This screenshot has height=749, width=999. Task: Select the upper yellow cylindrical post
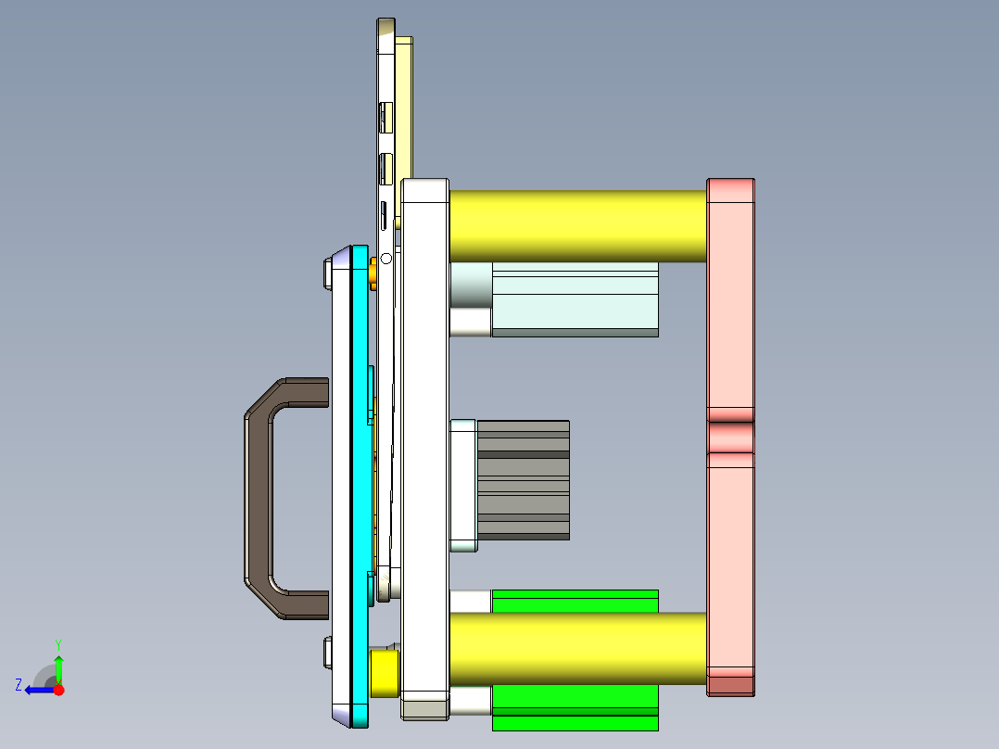(x=575, y=225)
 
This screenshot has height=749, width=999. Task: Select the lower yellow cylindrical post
(x=575, y=648)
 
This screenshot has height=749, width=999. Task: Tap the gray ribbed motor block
(x=523, y=480)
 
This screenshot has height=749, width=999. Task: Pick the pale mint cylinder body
(x=575, y=298)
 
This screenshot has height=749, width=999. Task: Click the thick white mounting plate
(x=425, y=445)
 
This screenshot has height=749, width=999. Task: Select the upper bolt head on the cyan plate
(x=327, y=274)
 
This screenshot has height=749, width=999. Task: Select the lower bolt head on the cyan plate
(x=327, y=653)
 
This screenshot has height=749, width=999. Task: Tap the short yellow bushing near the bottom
(x=384, y=673)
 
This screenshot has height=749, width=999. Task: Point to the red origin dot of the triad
(x=58, y=690)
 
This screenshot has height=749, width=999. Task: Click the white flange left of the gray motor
(x=462, y=485)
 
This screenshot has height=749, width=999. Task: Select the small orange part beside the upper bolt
(x=373, y=273)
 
